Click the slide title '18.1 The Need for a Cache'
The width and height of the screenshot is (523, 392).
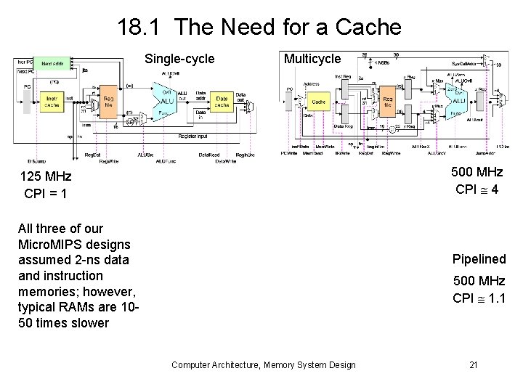tap(259, 28)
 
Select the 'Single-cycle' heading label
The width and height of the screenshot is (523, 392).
tap(179, 59)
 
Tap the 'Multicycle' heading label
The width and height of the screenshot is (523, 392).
tap(312, 59)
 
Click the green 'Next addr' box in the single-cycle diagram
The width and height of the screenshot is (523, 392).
tap(52, 64)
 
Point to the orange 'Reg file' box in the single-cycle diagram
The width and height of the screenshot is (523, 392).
tap(108, 102)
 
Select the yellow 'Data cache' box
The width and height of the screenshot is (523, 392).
tap(221, 102)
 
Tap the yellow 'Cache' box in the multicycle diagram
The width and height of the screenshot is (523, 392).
tap(318, 102)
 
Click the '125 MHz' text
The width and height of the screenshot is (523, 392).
tap(45, 176)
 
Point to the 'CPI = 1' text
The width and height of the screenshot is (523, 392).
tap(45, 194)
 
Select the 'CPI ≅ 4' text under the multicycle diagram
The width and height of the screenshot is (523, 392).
tap(477, 189)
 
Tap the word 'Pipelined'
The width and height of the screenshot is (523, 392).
tap(479, 259)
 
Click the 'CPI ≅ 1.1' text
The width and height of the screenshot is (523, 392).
tap(479, 298)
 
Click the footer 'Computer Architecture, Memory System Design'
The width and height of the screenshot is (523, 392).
tap(263, 364)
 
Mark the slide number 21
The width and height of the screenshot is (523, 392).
tap(473, 364)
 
